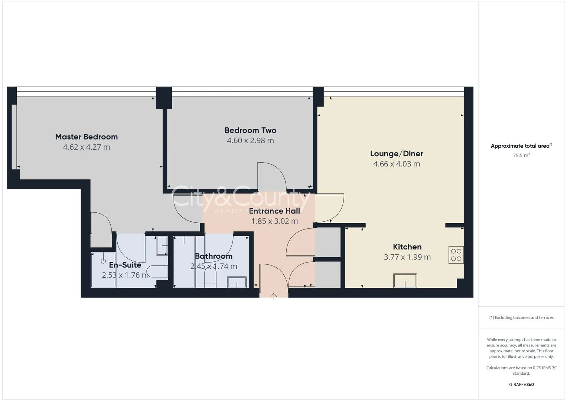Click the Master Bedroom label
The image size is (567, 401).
pyautogui.click(x=87, y=137)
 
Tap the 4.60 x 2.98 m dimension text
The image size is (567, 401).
pyautogui.click(x=250, y=140)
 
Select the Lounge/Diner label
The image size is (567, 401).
pyautogui.click(x=397, y=154)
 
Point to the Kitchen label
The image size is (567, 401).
pyautogui.click(x=407, y=247)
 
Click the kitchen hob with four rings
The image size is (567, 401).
pyautogui.click(x=456, y=255)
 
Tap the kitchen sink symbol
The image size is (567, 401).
pyautogui.click(x=405, y=281)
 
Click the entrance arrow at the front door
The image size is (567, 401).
pyautogui.click(x=274, y=296)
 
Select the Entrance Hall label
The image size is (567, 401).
pyautogui.click(x=274, y=211)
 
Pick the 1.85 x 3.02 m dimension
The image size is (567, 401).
pyautogui.click(x=274, y=221)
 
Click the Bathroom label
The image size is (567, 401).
pyautogui.click(x=214, y=256)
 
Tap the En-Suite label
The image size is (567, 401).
pyautogui.click(x=125, y=265)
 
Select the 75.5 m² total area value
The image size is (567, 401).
pyautogui.click(x=521, y=156)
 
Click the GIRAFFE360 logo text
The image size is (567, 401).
pyautogui.click(x=521, y=385)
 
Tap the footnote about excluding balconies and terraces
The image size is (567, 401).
pyautogui.click(x=521, y=317)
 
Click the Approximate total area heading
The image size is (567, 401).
pyautogui.click(x=521, y=146)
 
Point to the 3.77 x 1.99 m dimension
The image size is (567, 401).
pyautogui.click(x=407, y=257)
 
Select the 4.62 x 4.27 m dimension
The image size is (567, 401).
pyautogui.click(x=87, y=147)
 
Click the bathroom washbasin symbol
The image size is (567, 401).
pyautogui.click(x=237, y=282)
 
